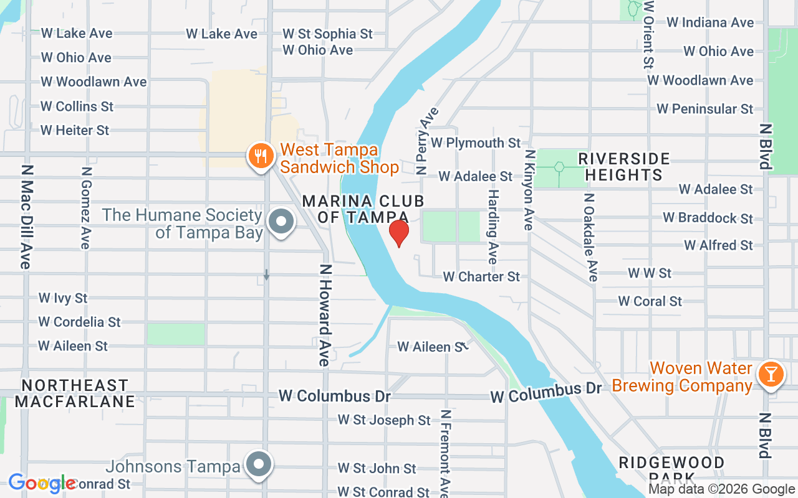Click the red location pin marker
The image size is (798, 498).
(398, 233)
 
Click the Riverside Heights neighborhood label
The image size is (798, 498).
(624, 167)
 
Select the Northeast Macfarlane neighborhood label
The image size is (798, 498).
(75, 393)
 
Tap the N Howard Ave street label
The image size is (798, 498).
(324, 316)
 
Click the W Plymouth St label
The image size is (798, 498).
(476, 143)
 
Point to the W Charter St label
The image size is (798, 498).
(481, 276)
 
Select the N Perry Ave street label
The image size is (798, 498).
(428, 140)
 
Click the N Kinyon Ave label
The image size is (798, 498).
(529, 190)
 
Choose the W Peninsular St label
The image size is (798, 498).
(705, 109)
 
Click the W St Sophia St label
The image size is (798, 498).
(327, 34)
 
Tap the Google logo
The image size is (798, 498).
(42, 483)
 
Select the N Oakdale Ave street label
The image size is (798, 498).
(590, 237)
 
